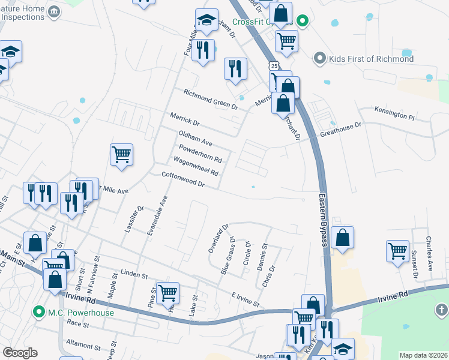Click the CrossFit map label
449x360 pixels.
[x=252, y=22]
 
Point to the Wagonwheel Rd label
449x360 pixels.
[x=195, y=166]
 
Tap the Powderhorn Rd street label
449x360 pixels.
[x=200, y=154]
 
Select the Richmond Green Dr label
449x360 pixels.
[x=211, y=98]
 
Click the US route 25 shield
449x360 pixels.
[x=274, y=65]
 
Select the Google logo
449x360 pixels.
[x=20, y=353]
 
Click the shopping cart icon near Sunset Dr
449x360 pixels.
[x=398, y=251]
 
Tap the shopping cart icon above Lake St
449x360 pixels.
[x=168, y=293]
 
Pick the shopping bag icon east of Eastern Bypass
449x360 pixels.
[x=342, y=238]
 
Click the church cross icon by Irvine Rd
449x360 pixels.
[x=441, y=310]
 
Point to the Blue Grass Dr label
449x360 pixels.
[x=228, y=258]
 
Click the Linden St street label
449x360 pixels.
[x=134, y=275]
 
